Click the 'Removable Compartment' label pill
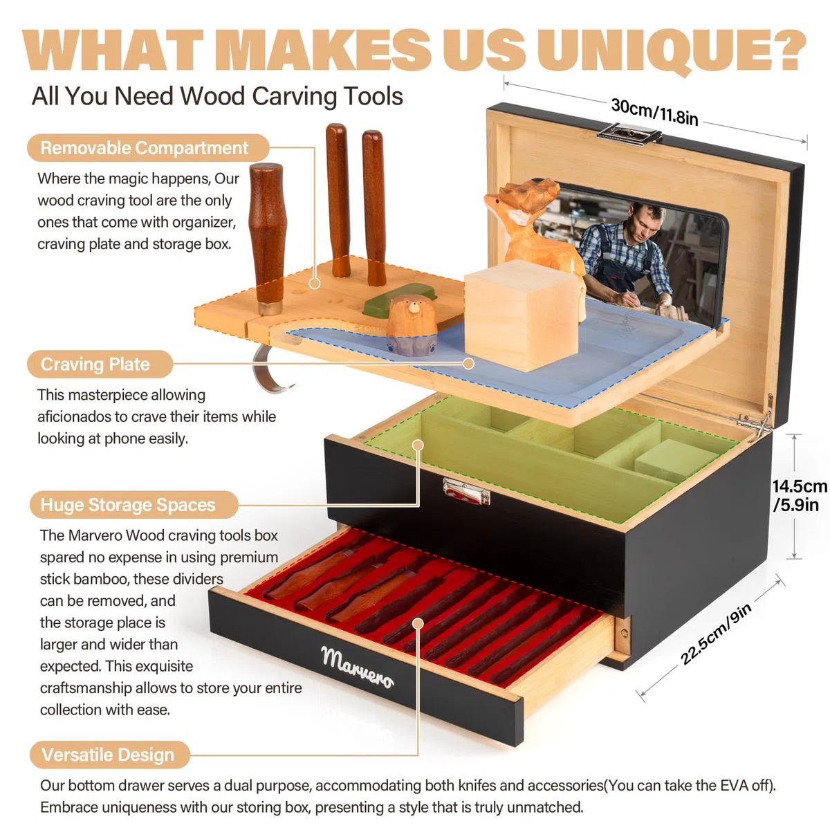coord(148,148)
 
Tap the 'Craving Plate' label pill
coord(100,364)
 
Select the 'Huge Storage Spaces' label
coord(133,504)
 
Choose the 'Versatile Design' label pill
coord(110,755)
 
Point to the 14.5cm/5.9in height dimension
coord(800,495)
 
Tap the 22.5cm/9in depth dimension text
coord(717,633)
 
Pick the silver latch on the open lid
coord(629,133)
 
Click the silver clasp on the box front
coord(466,491)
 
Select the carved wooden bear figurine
coord(412,325)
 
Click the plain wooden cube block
coord(522,315)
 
